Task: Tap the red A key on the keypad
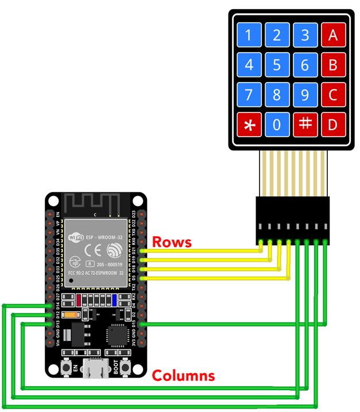click(332, 36)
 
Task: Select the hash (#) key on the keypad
click(305, 125)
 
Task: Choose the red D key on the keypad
click(332, 125)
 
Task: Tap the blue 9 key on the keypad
click(305, 95)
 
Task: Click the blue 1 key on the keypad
click(249, 36)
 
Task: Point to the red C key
click(332, 95)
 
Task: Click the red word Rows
click(172, 243)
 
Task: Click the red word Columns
click(183, 376)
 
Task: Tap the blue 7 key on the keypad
click(249, 95)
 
